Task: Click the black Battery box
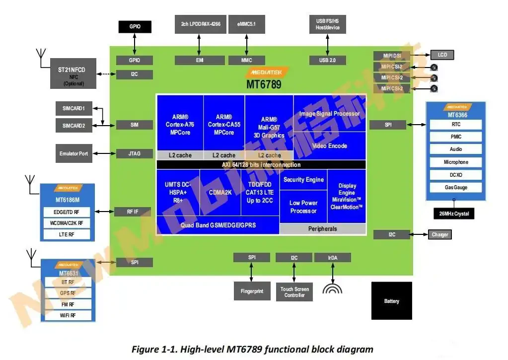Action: (391, 300)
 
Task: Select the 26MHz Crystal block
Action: (453, 214)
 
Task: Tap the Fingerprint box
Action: (252, 290)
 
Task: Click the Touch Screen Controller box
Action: (294, 292)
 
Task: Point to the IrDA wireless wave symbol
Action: (332, 288)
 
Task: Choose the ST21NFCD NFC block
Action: (74, 73)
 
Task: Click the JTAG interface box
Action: (134, 153)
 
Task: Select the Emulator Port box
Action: (73, 153)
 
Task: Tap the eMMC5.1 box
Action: (246, 24)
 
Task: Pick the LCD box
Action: (442, 55)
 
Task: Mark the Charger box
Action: (440, 234)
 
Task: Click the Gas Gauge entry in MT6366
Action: (455, 188)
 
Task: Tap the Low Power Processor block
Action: (303, 207)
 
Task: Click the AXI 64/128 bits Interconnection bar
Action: (261, 164)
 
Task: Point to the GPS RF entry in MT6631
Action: (68, 293)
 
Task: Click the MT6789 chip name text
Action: (264, 84)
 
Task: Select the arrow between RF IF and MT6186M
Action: (104, 212)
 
